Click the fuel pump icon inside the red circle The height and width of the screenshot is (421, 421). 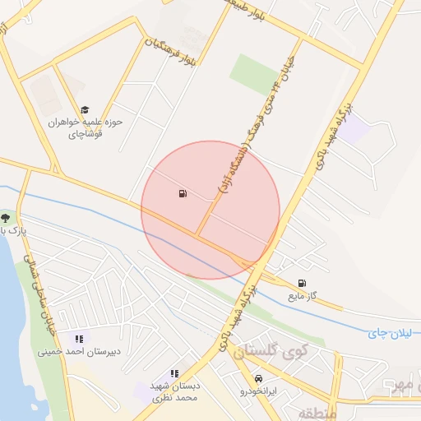coord(181,194)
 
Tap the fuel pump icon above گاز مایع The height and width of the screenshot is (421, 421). coord(302,283)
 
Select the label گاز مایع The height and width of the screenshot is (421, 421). coord(302,295)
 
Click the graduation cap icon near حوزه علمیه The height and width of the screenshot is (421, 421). coord(85,109)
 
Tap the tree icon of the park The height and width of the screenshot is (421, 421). coord(6,218)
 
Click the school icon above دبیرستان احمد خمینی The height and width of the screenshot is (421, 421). coord(79,339)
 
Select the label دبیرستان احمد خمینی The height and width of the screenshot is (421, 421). coord(79,351)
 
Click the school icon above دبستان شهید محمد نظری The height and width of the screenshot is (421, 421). coord(174,373)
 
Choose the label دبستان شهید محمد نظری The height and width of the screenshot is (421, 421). coord(174,391)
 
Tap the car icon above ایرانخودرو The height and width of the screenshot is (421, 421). coord(259,378)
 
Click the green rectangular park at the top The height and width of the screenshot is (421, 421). coord(254,74)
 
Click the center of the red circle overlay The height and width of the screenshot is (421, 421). coord(210,210)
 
